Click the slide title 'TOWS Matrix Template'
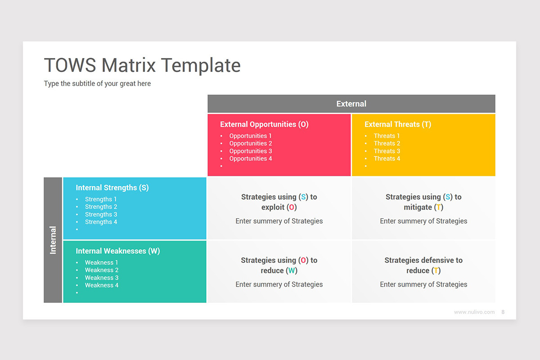tap(142, 65)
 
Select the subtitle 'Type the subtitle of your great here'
tap(97, 84)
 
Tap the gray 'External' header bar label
tap(351, 104)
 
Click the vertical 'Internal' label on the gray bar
tap(53, 240)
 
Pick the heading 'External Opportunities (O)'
tap(264, 125)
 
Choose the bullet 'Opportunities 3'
tap(250, 151)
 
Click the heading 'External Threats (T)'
tap(397, 125)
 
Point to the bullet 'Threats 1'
tap(387, 136)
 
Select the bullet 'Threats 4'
tap(387, 159)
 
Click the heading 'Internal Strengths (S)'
tap(112, 188)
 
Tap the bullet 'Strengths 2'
tap(101, 207)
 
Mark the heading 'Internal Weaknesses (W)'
tap(117, 252)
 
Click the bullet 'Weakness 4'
tap(102, 285)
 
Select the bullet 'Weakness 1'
tap(102, 263)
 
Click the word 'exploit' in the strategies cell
tap(273, 207)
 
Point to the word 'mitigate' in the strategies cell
tap(418, 207)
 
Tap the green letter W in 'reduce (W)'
tap(292, 271)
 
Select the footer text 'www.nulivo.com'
tap(474, 312)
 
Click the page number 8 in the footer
tap(503, 312)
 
